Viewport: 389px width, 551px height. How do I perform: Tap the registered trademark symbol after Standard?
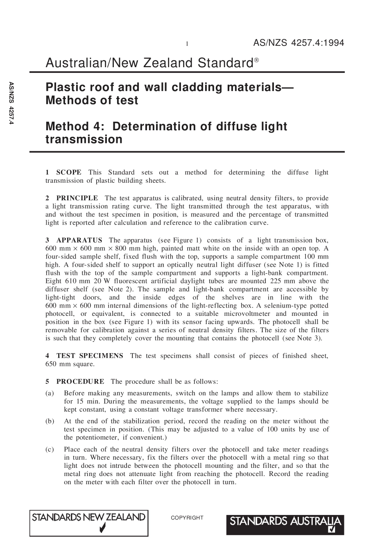[256, 60]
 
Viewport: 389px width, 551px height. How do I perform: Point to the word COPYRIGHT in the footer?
[187, 518]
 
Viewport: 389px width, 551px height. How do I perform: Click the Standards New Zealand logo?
[89, 523]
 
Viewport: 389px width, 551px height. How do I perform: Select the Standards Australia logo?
[285, 524]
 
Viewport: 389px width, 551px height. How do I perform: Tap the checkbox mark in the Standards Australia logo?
[332, 530]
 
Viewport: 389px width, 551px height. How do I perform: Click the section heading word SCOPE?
[69, 172]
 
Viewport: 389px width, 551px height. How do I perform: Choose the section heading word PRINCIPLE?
[77, 198]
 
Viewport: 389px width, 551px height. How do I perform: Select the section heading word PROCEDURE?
[80, 382]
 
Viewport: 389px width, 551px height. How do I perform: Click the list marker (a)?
[50, 393]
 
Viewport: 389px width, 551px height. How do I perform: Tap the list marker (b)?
[50, 421]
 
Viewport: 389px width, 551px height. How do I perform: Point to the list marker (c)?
[50, 449]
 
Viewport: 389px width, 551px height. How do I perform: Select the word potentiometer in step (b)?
[95, 438]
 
